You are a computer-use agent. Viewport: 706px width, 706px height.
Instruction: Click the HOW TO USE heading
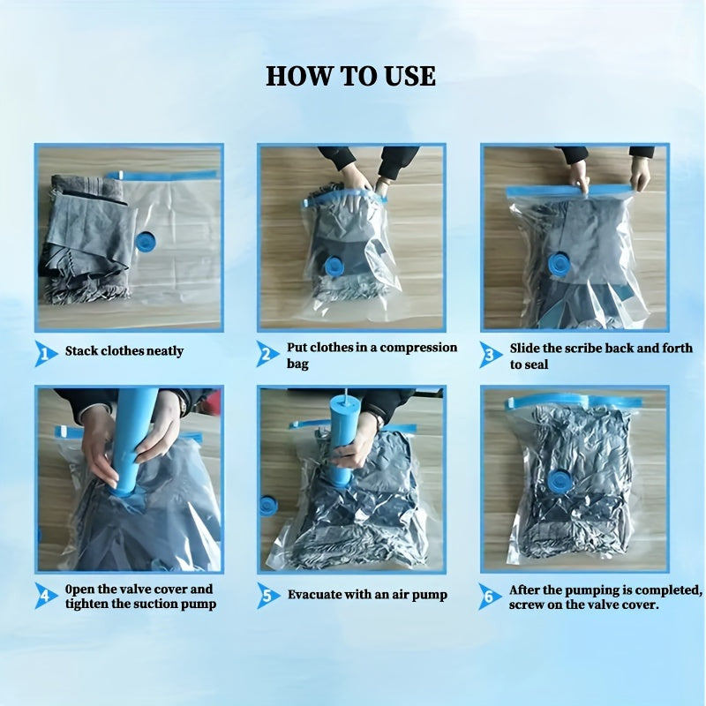[x=351, y=76]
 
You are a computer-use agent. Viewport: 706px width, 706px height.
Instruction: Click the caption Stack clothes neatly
[x=124, y=351]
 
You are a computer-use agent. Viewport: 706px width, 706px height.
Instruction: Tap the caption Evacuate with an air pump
[x=367, y=595]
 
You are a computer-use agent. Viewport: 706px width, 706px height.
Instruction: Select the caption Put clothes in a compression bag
[x=372, y=355]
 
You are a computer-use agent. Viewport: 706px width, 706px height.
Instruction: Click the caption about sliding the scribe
[x=597, y=355]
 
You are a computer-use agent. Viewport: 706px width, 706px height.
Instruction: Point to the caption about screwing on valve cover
[x=605, y=597]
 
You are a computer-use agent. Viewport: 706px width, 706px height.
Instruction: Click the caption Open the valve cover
[x=139, y=596]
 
